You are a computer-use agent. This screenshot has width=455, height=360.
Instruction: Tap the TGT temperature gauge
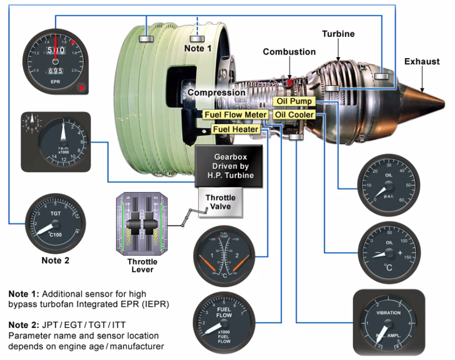pos(55,224)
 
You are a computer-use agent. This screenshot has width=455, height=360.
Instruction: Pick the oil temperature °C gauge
pos(389,252)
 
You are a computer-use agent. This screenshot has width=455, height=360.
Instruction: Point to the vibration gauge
pos(388,323)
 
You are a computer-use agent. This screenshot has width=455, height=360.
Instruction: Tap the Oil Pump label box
pos(294,102)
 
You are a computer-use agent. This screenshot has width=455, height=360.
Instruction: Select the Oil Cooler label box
pos(294,114)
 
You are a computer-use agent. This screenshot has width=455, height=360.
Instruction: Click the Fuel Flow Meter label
pos(235,115)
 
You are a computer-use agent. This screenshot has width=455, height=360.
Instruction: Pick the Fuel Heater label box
pos(235,129)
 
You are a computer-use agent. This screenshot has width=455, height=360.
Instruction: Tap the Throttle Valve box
pos(220,202)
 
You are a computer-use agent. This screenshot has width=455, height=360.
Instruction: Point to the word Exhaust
pos(422,62)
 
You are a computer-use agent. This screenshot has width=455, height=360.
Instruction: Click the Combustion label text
pos(289,52)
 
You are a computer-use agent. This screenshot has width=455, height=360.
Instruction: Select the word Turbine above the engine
pos(338,34)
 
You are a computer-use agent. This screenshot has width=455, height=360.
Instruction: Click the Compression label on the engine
pos(216,92)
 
